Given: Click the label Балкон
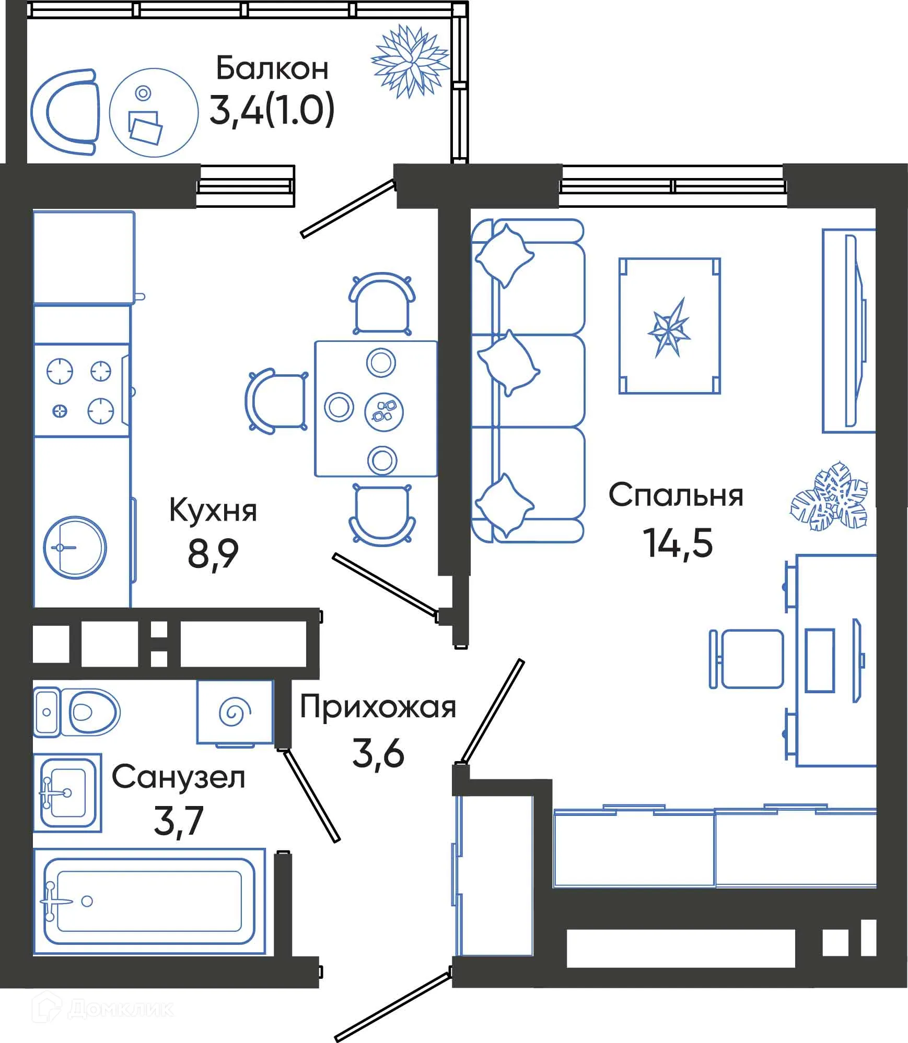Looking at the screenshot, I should pos(272,68).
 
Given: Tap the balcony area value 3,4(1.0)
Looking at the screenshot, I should pos(272,111).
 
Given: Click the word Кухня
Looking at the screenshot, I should pos(213,511).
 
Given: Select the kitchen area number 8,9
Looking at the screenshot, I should pos(213,553).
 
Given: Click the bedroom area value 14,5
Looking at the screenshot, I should pos(678,543).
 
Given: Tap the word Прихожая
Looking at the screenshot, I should pos(378,707).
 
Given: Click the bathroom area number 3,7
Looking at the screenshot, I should pos(178,821).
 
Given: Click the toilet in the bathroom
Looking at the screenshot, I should pos(78,712).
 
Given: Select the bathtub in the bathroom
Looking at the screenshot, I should pos(149,901).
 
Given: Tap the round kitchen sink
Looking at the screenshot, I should pos(75,548).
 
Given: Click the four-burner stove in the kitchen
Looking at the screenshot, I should pos(81,390).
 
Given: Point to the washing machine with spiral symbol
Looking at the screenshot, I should pos(235,712).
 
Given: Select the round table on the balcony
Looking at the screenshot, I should pos(154,113).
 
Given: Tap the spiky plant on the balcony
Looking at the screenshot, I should pos(410,62).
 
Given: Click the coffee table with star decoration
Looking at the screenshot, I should pos(669,326).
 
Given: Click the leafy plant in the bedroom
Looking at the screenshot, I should pos(830,496).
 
